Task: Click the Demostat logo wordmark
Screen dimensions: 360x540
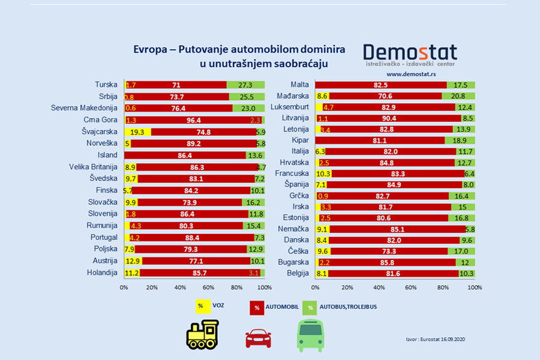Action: coord(410,52)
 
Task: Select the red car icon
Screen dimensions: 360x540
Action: coord(258,338)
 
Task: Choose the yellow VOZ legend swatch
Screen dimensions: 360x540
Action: coord(200,306)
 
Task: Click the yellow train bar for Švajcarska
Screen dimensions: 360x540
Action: coord(137,132)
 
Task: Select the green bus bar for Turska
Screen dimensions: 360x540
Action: coord(245,85)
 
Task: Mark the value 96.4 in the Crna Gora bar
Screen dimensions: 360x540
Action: coord(193,120)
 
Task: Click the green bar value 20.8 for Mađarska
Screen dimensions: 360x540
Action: coord(458,95)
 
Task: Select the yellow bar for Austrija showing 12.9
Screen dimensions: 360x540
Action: coord(133,262)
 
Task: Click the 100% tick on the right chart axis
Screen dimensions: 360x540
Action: coord(474,287)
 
